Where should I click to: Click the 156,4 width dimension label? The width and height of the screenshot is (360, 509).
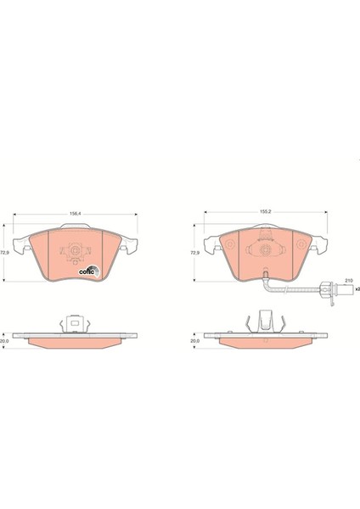coord(76,214)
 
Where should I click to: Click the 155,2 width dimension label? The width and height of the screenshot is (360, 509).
coord(266,211)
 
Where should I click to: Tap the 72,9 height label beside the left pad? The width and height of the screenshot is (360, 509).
coord(4,252)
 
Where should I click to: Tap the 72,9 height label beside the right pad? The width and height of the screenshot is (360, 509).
coord(194,252)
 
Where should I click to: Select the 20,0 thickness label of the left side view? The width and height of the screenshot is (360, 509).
coord(4,341)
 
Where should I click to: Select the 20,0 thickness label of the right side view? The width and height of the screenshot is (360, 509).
coord(195,341)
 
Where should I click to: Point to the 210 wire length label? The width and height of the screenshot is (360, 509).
coord(349,280)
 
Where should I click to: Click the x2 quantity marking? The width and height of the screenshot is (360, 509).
coord(357,288)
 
